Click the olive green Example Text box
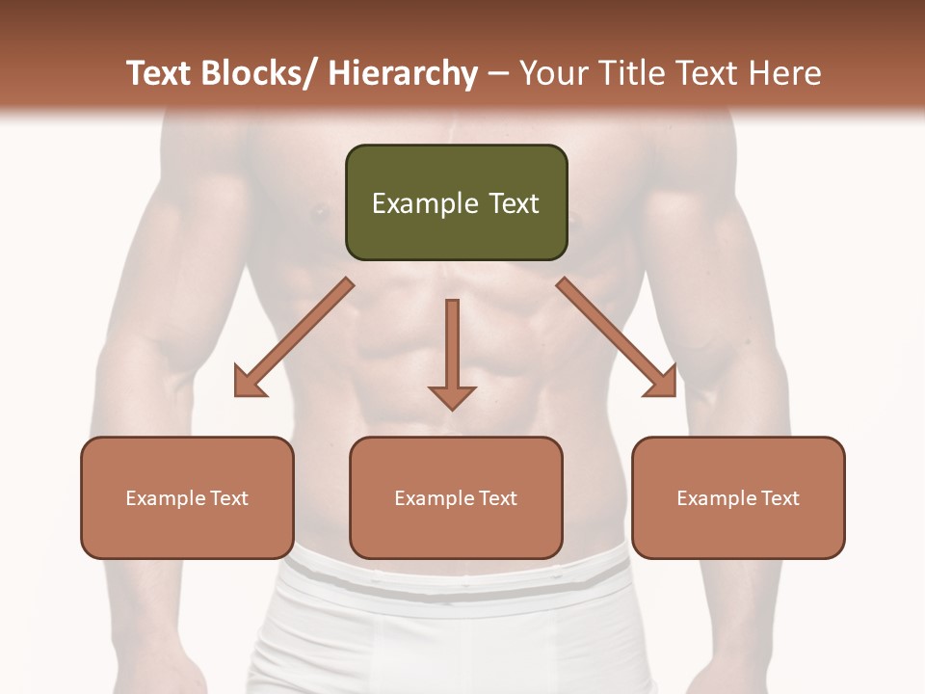point(456,202)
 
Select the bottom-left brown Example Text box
point(187,497)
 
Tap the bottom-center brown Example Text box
point(456,497)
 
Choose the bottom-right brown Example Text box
point(738,497)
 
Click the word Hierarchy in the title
point(403,73)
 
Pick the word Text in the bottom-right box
point(779,498)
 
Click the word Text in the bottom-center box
point(496,498)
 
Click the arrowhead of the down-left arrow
point(250,383)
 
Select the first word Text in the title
point(160,73)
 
